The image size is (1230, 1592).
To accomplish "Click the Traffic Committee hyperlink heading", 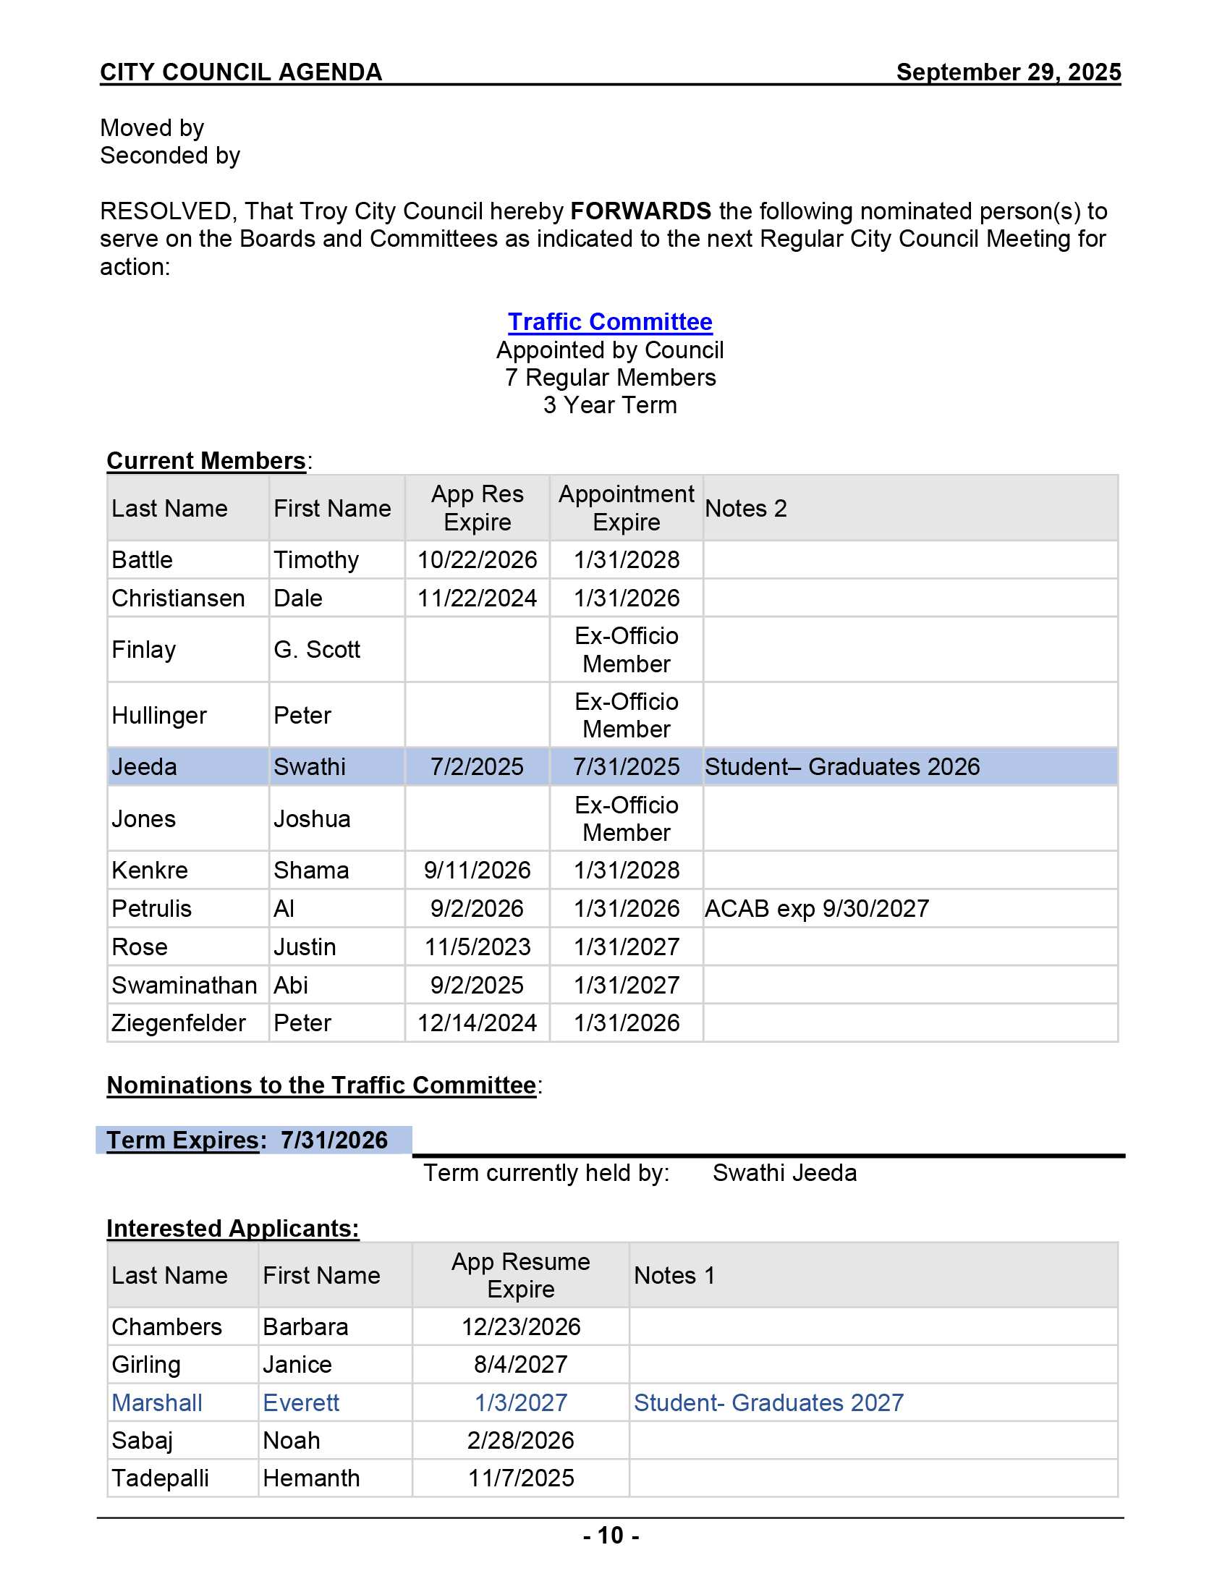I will click(x=609, y=321).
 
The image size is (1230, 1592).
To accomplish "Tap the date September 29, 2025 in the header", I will click(x=1008, y=72).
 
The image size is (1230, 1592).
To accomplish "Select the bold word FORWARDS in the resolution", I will click(x=640, y=211).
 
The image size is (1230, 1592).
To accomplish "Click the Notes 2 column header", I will click(x=745, y=508).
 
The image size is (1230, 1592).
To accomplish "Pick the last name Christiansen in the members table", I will click(x=178, y=598).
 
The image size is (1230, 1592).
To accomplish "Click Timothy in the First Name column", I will click(x=316, y=560).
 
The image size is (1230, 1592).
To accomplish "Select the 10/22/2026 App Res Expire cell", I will click(x=477, y=560).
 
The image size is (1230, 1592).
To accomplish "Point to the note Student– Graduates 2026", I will click(x=841, y=767).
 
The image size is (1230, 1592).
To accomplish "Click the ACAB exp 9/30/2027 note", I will click(x=816, y=908).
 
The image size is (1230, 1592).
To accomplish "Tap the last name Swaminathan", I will click(x=184, y=985).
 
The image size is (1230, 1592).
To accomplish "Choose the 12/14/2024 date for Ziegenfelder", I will click(x=477, y=1022).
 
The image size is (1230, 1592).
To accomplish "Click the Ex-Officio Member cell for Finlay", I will click(x=626, y=650).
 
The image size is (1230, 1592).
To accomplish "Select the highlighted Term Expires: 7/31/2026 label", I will click(x=247, y=1140).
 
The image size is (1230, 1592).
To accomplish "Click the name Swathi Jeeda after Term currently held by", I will click(x=784, y=1173).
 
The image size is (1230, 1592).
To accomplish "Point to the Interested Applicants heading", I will click(x=232, y=1228).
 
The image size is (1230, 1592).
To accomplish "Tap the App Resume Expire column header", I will click(x=520, y=1275).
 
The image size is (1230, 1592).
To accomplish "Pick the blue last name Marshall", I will click(x=157, y=1402).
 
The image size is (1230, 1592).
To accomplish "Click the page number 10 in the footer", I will click(x=611, y=1535).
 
